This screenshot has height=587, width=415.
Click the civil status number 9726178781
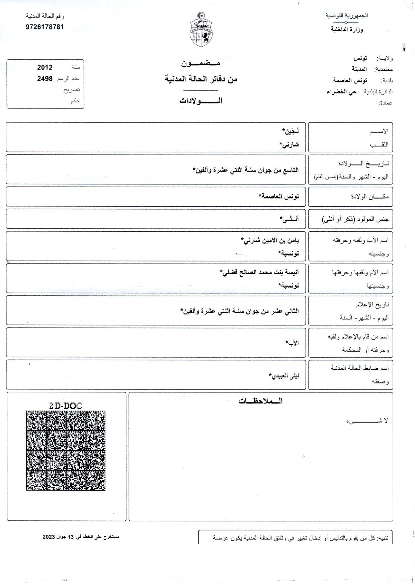click(x=45, y=27)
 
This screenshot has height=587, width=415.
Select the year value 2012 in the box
click(x=45, y=67)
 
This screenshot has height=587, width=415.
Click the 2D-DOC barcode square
click(x=66, y=450)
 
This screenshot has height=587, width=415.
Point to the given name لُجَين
click(x=290, y=130)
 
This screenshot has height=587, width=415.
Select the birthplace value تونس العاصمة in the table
click(x=278, y=197)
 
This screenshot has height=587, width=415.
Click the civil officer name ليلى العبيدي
click(x=284, y=375)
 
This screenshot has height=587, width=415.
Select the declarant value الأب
click(x=292, y=343)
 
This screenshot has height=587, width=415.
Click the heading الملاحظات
click(x=260, y=401)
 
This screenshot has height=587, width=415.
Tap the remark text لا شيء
click(x=367, y=421)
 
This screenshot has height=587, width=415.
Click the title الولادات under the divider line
click(x=201, y=101)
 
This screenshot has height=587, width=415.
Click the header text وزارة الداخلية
click(x=347, y=29)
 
